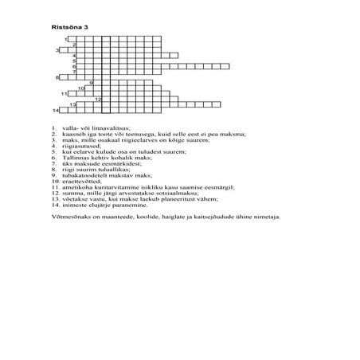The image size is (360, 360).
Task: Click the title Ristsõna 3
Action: tap(69, 26)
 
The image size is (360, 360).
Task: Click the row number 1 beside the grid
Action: tap(66, 38)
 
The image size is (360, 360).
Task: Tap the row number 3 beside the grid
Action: tap(57, 49)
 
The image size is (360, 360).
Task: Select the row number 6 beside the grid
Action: tap(74, 66)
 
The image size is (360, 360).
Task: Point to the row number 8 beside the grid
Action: tap(57, 77)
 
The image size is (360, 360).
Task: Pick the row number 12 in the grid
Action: tap(98, 99)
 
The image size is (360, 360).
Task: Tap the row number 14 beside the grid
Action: tap(56, 109)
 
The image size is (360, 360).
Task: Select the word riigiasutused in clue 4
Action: tap(81, 147)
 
